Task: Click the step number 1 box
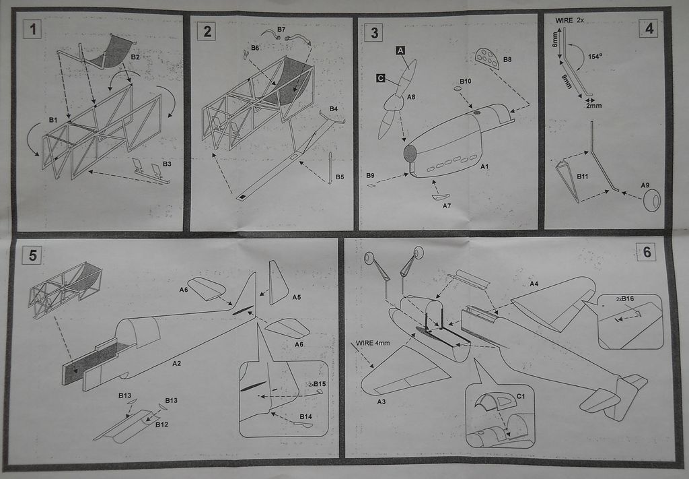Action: tap(32, 30)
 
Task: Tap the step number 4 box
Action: tap(649, 28)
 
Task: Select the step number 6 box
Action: tap(647, 253)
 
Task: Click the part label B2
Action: tap(135, 57)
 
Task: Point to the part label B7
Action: tap(281, 30)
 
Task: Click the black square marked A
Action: tap(400, 51)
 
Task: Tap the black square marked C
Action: tap(381, 78)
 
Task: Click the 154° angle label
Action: tap(595, 57)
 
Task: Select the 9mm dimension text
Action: tap(567, 82)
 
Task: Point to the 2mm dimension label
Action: tap(593, 106)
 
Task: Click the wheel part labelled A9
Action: tap(652, 201)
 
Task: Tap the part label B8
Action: tap(507, 59)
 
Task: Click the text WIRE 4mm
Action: tap(373, 343)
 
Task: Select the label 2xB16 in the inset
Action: tap(625, 299)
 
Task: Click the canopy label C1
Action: tap(520, 396)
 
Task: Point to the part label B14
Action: tap(306, 416)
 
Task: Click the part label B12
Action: tap(161, 424)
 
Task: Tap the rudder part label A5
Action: tap(297, 297)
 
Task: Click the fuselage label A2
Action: tap(176, 363)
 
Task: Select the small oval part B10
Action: tap(458, 89)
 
